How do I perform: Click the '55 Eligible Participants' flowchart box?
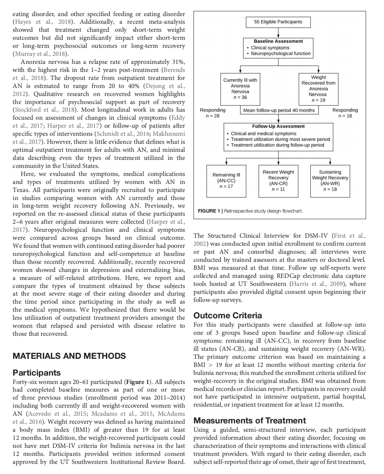(278, 22)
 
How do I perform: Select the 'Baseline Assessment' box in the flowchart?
(278, 47)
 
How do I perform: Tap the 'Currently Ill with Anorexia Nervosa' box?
(240, 89)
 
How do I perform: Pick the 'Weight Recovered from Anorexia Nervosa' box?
(318, 89)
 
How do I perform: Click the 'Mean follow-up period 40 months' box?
(279, 110)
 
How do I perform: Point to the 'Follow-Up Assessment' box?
(278, 136)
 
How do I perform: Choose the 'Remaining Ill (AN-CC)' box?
(226, 181)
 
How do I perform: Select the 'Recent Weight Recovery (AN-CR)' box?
(278, 181)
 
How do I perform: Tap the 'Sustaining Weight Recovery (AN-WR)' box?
(330, 181)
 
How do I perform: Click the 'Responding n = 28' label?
(213, 113)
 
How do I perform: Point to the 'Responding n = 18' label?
(345, 113)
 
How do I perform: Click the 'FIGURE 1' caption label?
(209, 211)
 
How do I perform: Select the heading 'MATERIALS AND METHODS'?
(69, 356)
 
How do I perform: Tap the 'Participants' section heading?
(37, 373)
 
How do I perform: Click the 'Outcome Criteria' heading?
(228, 316)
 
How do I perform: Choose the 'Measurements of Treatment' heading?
(250, 421)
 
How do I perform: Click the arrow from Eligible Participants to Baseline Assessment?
(278, 33)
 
